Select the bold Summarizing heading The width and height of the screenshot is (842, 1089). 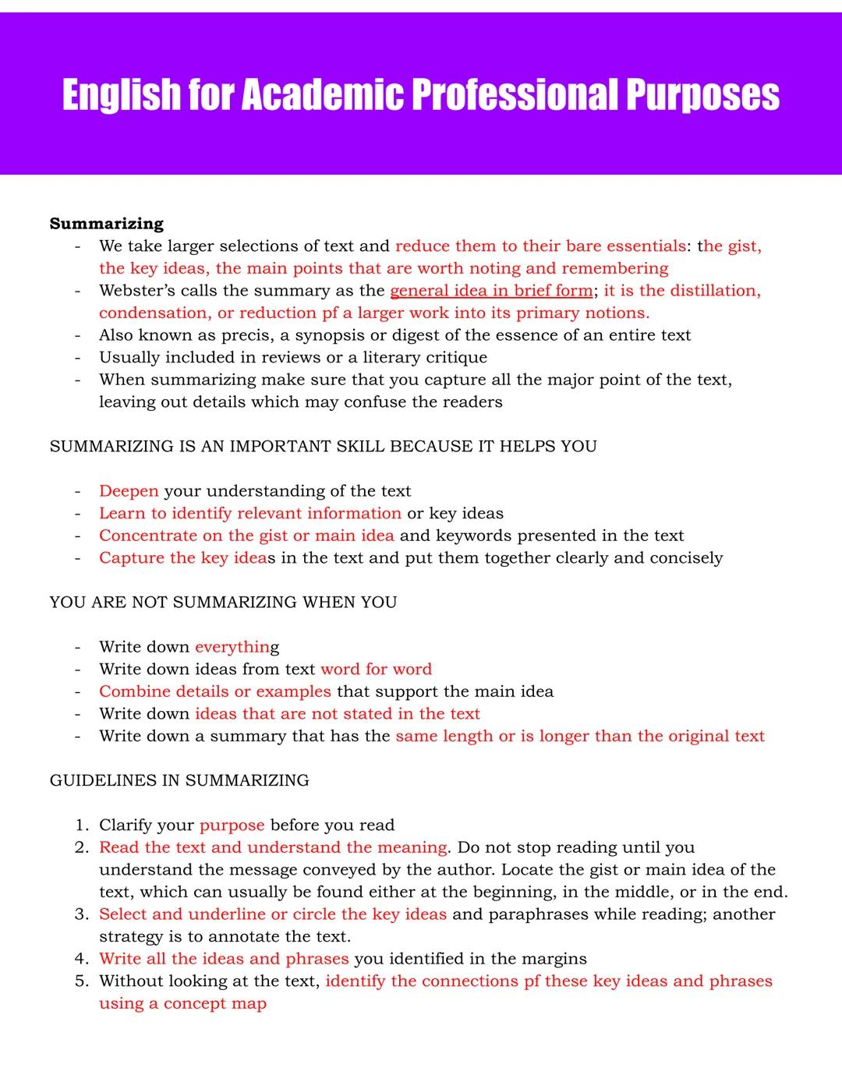point(107,224)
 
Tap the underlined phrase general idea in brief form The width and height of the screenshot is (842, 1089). point(491,291)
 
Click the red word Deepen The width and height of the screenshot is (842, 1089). point(129,491)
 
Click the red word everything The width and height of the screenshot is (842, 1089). point(232,647)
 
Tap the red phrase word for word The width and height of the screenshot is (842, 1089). point(376,669)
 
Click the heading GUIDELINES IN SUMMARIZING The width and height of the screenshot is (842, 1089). point(179,780)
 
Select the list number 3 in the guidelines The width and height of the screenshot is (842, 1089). point(81,914)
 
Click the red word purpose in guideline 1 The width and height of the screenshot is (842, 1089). point(232,826)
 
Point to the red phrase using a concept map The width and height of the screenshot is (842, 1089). point(182,1003)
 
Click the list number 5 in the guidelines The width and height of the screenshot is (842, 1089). point(81,981)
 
